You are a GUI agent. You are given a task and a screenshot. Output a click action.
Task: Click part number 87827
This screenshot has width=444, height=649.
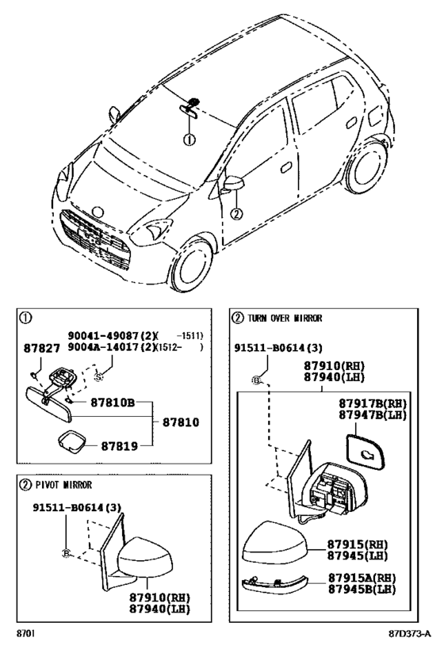point(41,349)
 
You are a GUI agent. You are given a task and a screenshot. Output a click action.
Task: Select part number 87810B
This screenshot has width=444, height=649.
point(113,402)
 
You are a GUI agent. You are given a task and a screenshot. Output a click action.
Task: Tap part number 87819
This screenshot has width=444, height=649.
point(119,446)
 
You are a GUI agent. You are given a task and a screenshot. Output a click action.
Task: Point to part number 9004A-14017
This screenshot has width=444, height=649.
point(104,347)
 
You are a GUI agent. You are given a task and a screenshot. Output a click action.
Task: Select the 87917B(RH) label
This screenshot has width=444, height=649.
point(373,403)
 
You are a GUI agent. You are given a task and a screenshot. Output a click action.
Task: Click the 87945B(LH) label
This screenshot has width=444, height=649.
point(362,589)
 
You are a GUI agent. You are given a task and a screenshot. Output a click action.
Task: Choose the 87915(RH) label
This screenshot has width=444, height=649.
point(358,544)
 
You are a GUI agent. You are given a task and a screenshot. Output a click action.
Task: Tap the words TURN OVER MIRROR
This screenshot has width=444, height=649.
point(285,319)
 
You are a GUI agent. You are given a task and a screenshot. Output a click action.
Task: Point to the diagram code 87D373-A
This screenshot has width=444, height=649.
point(410,633)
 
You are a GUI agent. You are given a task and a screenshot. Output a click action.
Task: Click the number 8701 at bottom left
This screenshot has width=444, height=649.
point(25,633)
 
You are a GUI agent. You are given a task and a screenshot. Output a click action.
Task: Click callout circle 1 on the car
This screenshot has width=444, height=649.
point(189,140)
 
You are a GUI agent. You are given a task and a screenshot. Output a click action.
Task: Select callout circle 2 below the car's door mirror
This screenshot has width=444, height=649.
point(236,214)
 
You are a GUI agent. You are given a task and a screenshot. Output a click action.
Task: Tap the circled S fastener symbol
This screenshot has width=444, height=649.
point(98,377)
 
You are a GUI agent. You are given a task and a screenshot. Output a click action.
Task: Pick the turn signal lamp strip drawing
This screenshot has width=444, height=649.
point(274,582)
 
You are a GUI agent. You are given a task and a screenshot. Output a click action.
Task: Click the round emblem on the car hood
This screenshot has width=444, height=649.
point(98,212)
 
